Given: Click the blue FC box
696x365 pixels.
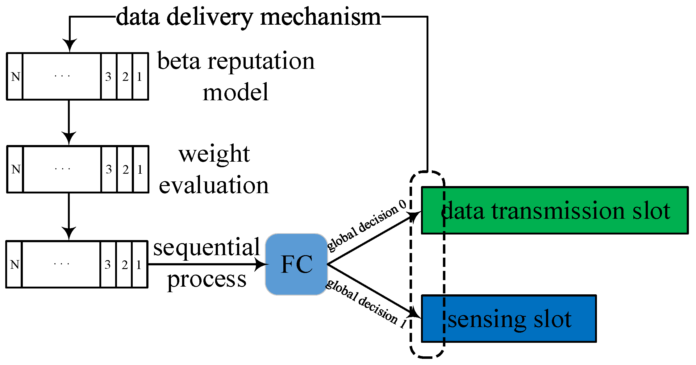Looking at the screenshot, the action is point(296,264).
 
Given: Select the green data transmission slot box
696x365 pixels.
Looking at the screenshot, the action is point(555,210).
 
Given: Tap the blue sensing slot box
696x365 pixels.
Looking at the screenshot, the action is point(509,318).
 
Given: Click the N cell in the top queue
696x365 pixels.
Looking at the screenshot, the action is point(15,76).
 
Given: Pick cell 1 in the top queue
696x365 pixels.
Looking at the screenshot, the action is point(140,76).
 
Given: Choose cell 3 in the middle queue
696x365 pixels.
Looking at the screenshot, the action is point(109,169).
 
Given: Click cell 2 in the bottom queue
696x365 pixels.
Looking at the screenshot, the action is point(124,264).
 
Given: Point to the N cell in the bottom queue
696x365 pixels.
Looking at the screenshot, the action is point(14,264).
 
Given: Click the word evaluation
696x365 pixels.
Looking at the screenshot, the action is point(214,185).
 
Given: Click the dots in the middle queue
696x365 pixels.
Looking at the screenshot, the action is point(62,169).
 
